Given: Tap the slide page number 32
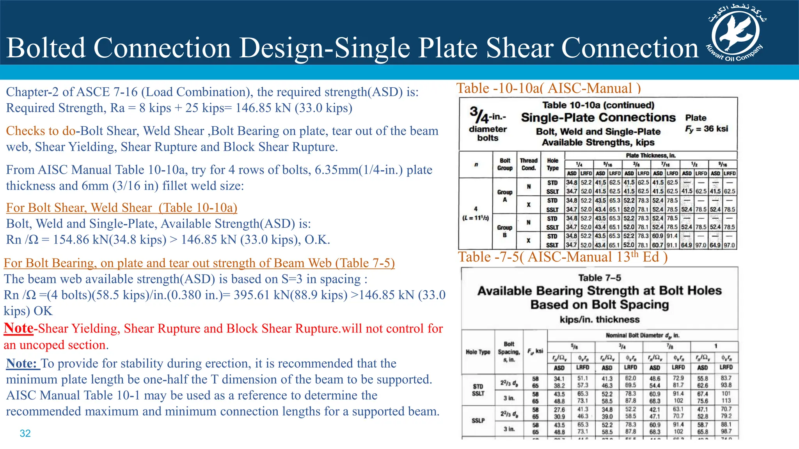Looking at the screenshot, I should tap(25, 433).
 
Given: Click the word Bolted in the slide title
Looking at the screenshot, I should tap(46, 48).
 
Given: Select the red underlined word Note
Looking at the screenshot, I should tap(18, 328).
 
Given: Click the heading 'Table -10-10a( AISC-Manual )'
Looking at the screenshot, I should tap(549, 88).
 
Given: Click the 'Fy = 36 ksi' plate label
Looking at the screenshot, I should tap(707, 129).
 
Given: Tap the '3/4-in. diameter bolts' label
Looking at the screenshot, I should tap(488, 124).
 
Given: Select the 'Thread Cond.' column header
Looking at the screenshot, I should tap(529, 164).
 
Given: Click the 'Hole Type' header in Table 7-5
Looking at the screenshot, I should tap(478, 352).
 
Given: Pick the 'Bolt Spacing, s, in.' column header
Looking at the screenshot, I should tap(509, 352).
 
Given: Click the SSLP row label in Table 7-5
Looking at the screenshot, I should tap(478, 421).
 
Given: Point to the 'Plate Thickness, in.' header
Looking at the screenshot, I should tap(650, 156).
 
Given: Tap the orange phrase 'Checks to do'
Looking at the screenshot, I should tap(41, 131).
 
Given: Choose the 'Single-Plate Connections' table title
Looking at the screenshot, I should tap(598, 117).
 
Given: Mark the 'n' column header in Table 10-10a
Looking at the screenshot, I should tap(476, 164).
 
